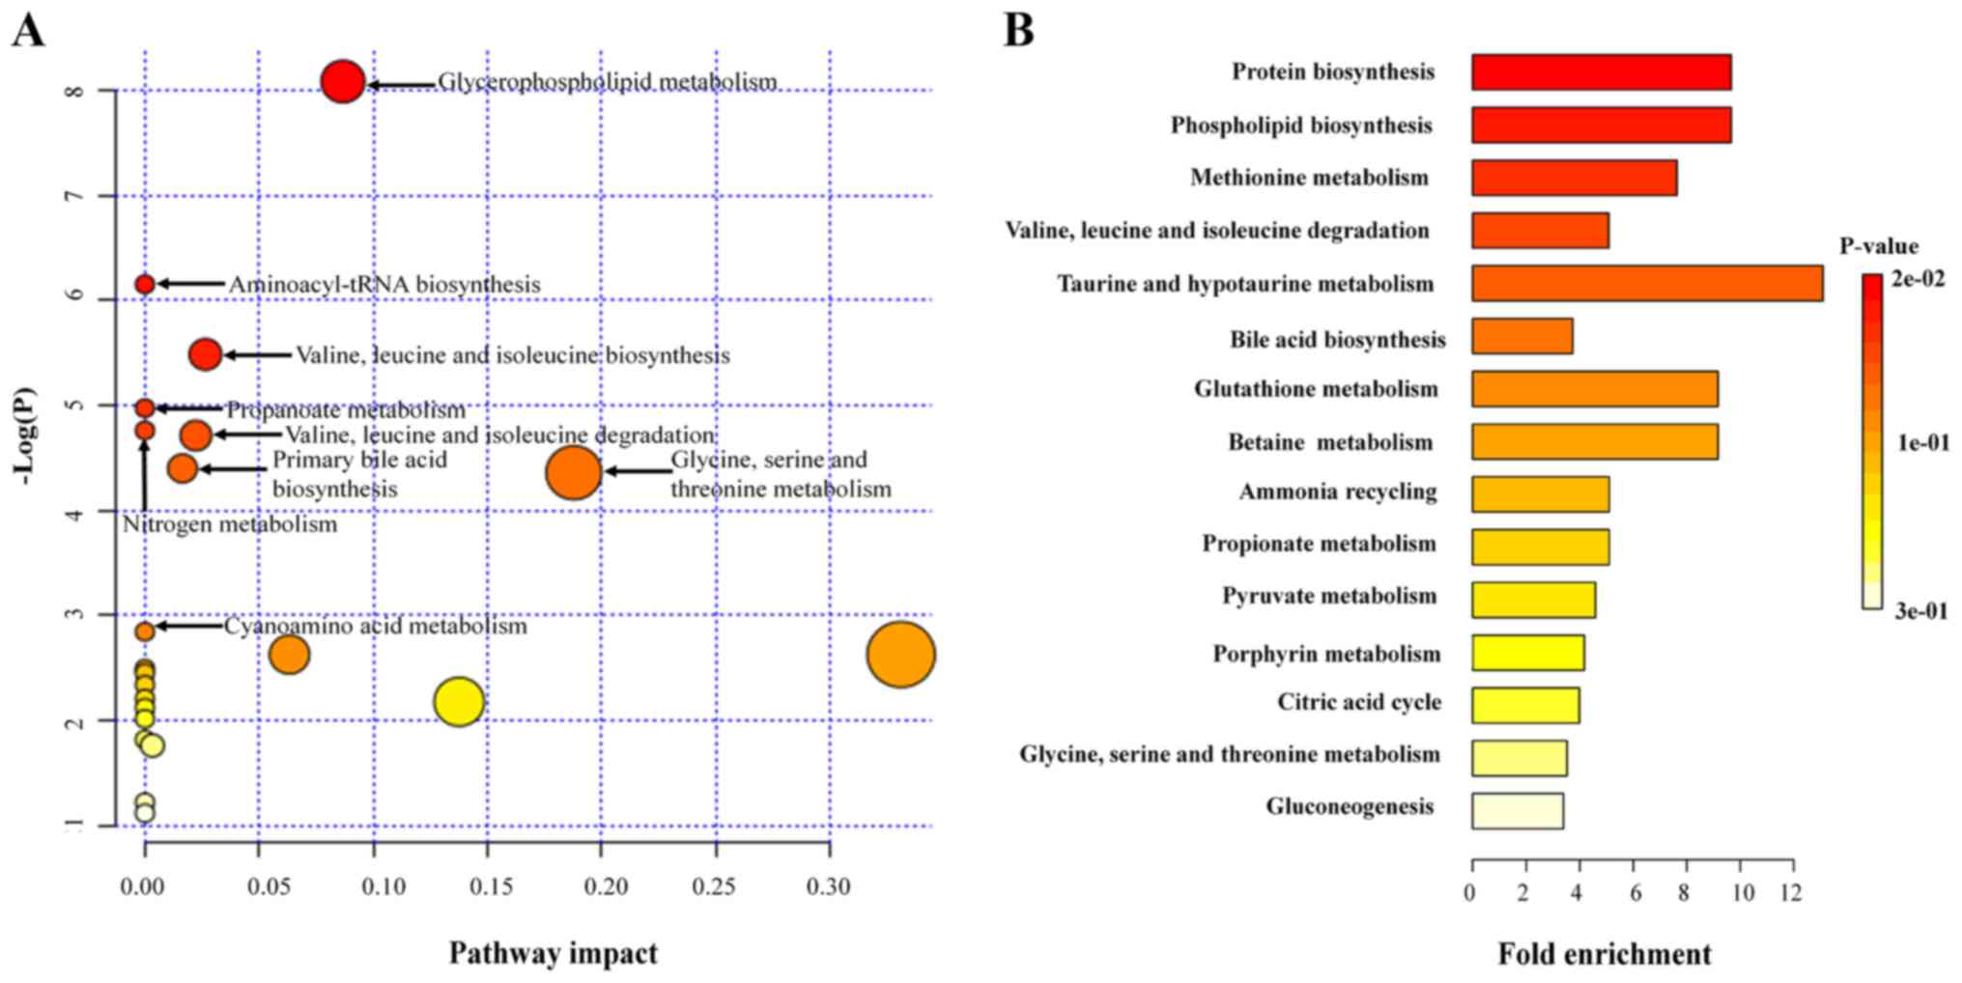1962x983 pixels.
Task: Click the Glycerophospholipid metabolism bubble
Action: point(342,82)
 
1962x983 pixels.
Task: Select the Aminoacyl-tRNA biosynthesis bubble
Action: point(145,284)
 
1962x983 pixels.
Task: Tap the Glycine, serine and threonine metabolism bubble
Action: point(573,472)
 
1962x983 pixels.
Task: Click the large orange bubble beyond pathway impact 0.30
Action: point(900,655)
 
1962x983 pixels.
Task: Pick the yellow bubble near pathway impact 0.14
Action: point(459,701)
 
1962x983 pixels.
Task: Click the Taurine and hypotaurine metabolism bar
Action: point(1646,284)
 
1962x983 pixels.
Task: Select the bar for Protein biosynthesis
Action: point(1601,72)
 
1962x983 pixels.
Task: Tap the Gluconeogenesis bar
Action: point(1517,811)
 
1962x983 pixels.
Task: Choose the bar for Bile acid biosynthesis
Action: point(1521,336)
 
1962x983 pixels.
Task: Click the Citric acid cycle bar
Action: point(1525,705)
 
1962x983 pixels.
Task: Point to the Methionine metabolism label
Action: point(1309,178)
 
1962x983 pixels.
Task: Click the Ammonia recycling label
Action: point(1338,492)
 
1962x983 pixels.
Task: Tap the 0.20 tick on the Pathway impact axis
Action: point(606,886)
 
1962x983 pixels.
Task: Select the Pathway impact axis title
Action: point(553,954)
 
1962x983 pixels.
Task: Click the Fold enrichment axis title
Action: point(1604,955)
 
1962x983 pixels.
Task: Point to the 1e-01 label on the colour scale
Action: point(1922,442)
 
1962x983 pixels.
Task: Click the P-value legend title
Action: point(1878,246)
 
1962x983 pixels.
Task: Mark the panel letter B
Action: point(1018,30)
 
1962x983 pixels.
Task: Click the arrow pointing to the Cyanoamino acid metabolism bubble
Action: point(189,626)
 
